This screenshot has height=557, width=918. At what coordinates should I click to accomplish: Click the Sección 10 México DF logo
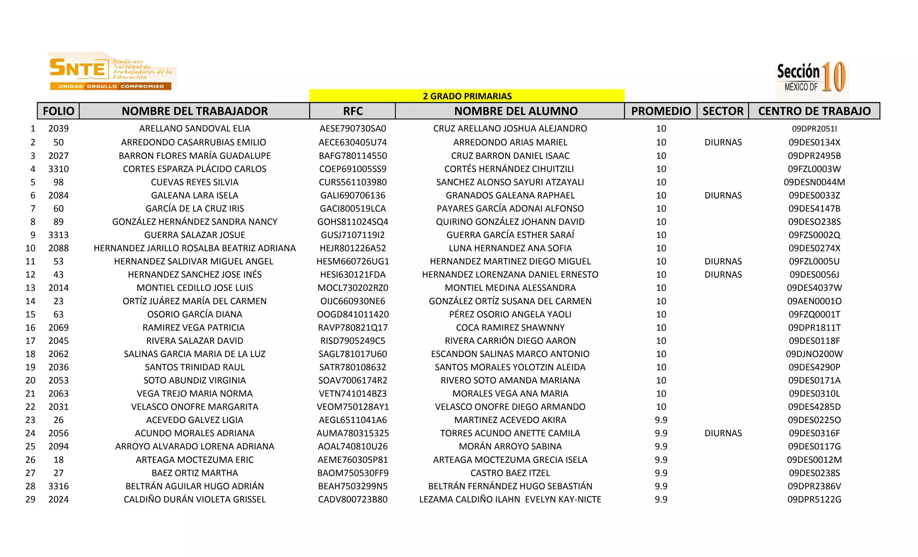(x=811, y=78)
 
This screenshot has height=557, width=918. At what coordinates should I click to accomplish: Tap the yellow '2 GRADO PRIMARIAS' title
(x=467, y=96)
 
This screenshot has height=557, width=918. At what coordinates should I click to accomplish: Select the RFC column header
(x=353, y=111)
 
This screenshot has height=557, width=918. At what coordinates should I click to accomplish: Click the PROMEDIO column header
(x=661, y=111)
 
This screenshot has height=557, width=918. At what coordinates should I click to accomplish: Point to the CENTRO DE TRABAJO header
(x=814, y=111)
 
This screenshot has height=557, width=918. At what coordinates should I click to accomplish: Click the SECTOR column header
(x=723, y=111)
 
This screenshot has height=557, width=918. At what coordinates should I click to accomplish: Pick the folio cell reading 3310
(x=58, y=169)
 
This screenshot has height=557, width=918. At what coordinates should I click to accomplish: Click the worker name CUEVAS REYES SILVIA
(x=195, y=182)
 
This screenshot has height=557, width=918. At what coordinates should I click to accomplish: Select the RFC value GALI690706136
(x=353, y=195)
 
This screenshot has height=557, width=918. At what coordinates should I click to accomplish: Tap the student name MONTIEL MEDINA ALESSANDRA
(x=510, y=288)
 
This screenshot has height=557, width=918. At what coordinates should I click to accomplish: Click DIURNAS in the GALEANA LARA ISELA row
(x=723, y=195)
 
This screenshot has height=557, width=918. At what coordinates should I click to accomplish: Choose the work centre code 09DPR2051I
(x=814, y=129)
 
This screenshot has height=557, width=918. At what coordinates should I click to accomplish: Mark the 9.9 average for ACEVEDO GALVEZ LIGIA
(x=661, y=420)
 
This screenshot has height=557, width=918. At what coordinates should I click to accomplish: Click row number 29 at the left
(x=30, y=499)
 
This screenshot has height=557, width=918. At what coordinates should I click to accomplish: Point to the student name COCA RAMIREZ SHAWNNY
(x=510, y=328)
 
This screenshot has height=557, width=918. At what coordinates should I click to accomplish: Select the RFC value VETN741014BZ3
(x=353, y=393)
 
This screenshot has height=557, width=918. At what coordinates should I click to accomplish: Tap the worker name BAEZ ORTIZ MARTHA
(x=195, y=473)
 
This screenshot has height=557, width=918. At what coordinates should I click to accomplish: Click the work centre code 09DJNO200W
(x=814, y=354)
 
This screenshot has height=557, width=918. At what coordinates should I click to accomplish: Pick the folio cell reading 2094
(x=58, y=446)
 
